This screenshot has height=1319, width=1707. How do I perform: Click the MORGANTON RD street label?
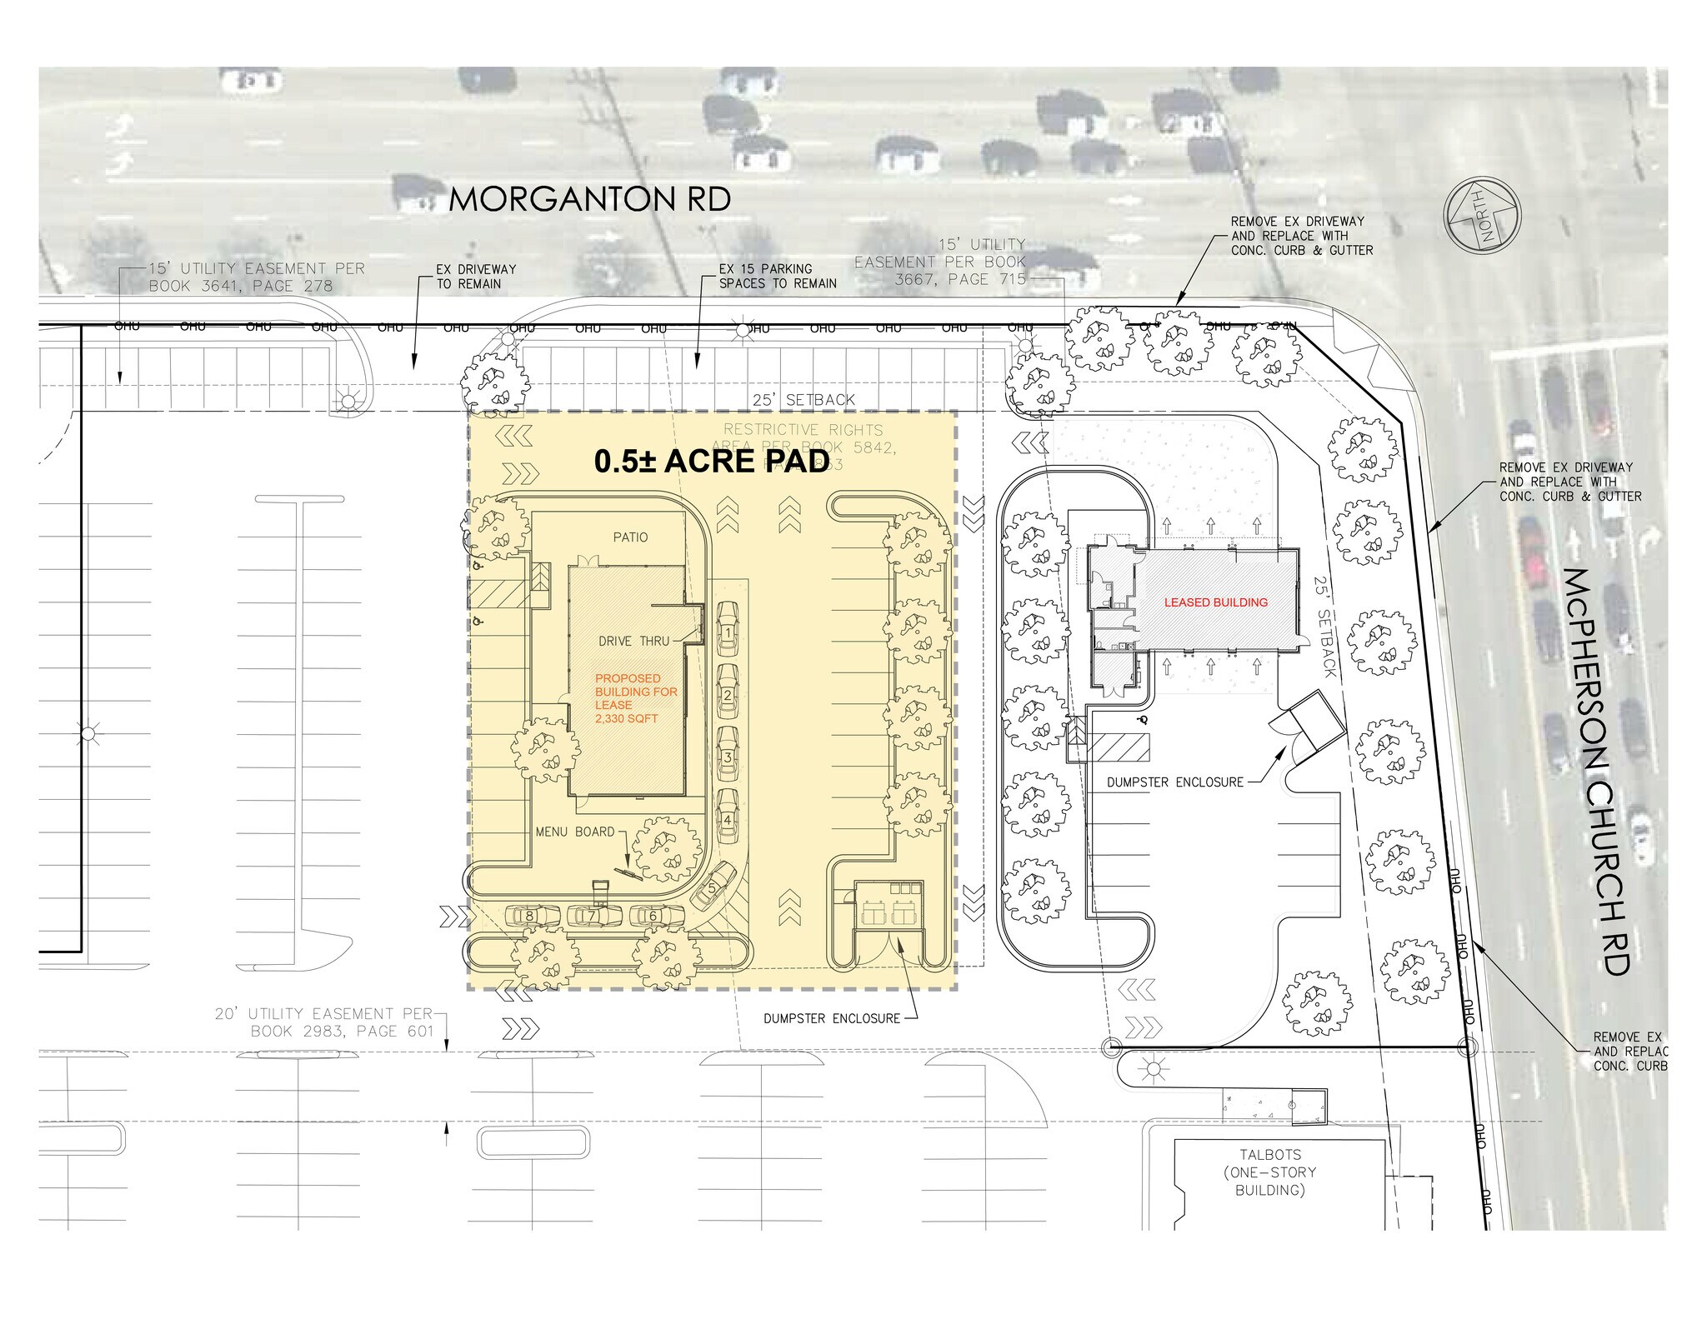pos(589,199)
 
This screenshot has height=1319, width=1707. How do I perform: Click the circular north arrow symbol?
pos(1482,215)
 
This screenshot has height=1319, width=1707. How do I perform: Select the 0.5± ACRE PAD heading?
pos(711,462)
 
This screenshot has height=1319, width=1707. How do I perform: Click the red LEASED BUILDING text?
pos(1215,602)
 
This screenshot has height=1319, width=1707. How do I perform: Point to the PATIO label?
pos(630,537)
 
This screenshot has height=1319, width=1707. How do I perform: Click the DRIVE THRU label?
pos(633,641)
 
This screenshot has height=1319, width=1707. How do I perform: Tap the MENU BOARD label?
pos(574,832)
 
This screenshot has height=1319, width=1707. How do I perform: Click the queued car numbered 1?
pos(728,632)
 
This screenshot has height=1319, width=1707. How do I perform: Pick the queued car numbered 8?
pos(530,916)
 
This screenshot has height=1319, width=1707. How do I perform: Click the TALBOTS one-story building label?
pos(1269,1172)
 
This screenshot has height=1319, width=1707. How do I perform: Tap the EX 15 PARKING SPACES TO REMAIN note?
pos(777,276)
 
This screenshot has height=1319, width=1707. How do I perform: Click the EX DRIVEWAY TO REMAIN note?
pos(476,277)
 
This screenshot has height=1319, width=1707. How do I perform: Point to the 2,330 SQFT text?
pos(626,718)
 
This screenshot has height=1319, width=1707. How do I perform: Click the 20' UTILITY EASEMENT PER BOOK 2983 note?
pos(325,1022)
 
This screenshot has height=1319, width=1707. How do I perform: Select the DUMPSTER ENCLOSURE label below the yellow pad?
pos(832,1018)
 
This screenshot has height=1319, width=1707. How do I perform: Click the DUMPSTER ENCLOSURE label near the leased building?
pos(1174,782)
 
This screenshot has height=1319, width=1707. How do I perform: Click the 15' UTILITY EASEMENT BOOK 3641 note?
pos(256,277)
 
